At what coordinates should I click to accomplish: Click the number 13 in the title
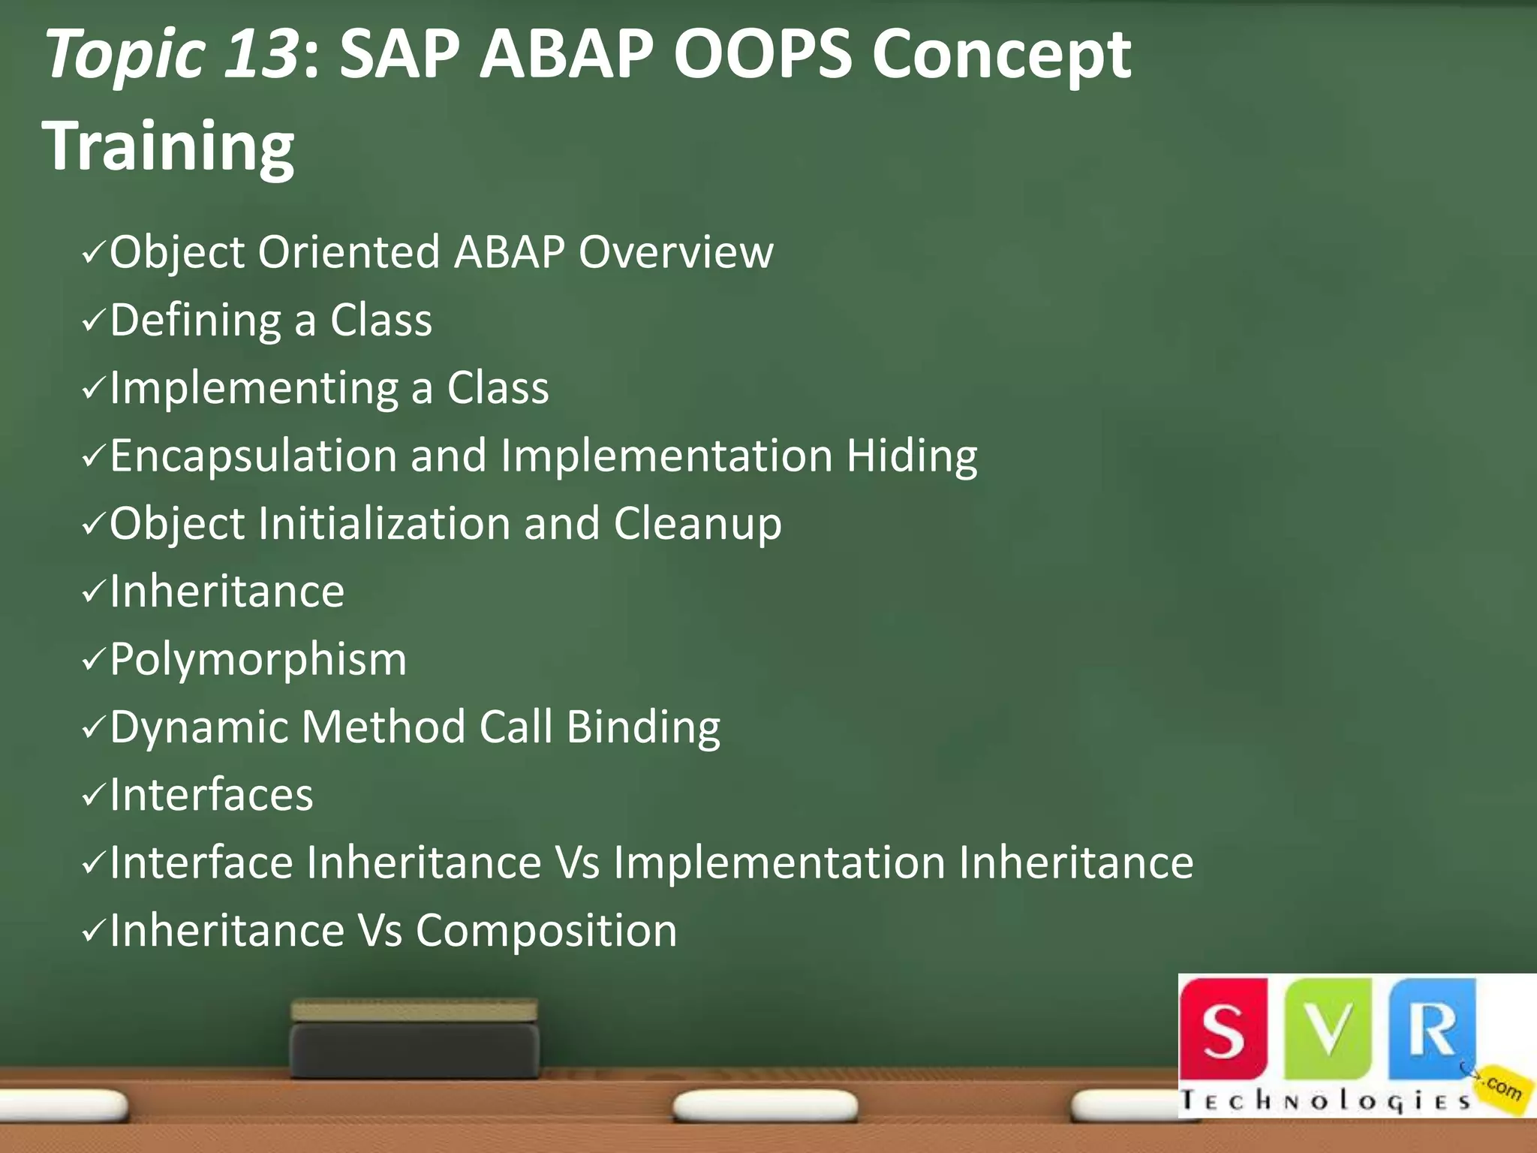[x=261, y=54]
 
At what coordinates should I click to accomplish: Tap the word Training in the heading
[x=168, y=146]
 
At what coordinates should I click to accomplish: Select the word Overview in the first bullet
[x=675, y=252]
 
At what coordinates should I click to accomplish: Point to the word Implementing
[x=254, y=389]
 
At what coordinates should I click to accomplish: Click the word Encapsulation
[x=253, y=456]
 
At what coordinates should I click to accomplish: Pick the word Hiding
[x=912, y=456]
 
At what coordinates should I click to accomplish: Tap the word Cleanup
[x=697, y=524]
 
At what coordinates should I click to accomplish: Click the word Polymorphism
[x=258, y=660]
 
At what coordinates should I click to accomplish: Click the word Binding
[x=643, y=727]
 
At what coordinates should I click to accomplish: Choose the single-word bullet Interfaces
[x=211, y=795]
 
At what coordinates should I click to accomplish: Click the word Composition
[x=546, y=931]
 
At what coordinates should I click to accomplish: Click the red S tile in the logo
[x=1223, y=1029]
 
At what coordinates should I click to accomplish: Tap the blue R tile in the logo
[x=1431, y=1029]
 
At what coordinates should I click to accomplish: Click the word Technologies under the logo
[x=1325, y=1101]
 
